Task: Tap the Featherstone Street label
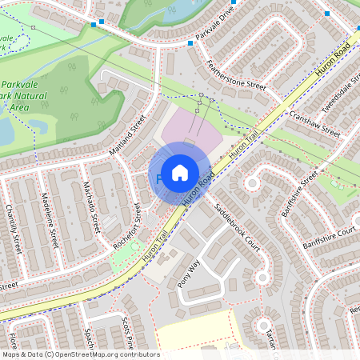click(234, 74)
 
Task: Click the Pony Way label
click(188, 272)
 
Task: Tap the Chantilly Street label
click(12, 231)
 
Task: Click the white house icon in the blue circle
click(180, 172)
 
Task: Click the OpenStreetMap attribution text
click(80, 354)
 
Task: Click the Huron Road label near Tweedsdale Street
click(333, 60)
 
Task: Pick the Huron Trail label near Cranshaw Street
click(245, 143)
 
